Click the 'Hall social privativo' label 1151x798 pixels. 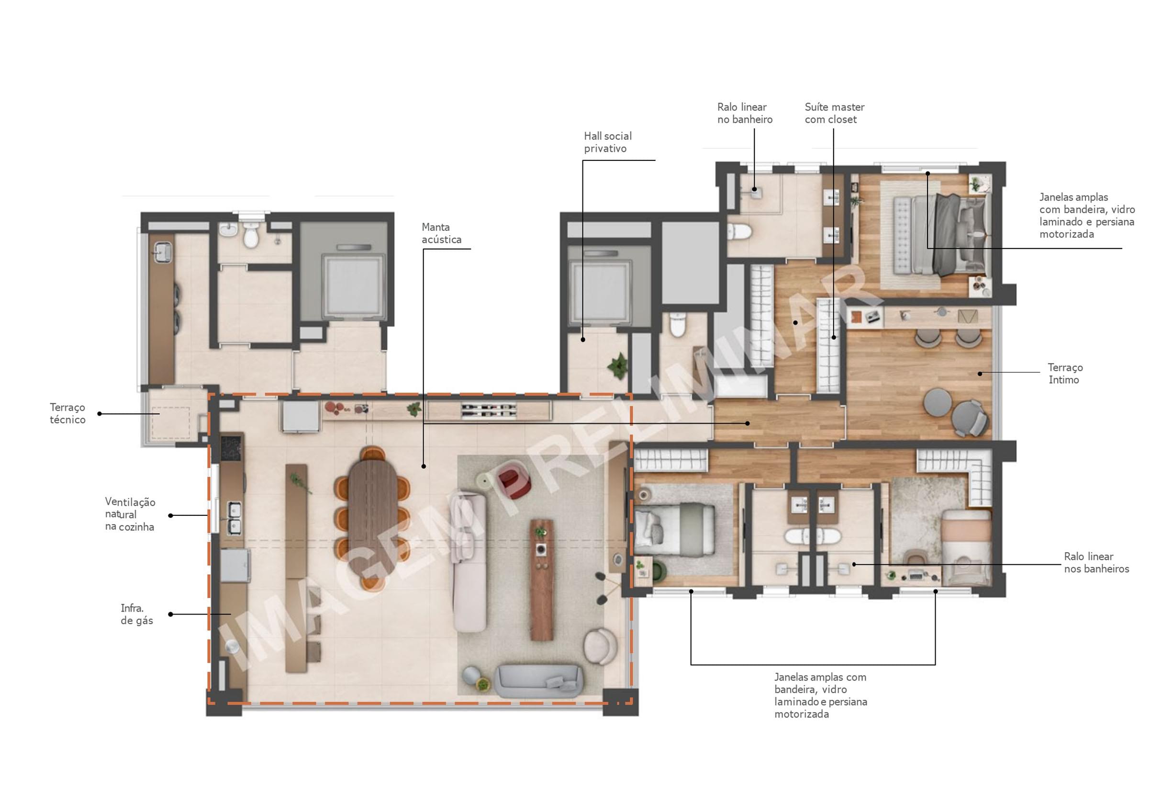[607, 142]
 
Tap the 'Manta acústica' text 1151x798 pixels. [441, 233]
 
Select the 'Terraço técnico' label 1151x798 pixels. [67, 413]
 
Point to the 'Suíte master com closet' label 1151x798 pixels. [834, 113]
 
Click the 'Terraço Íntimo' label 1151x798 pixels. [1065, 374]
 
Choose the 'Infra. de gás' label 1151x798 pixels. [136, 614]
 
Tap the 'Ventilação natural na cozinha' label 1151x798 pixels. [130, 514]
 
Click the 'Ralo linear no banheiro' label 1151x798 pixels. [744, 113]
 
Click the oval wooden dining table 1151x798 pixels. [372, 518]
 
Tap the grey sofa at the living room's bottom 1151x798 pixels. [538, 681]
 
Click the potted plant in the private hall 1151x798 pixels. [618, 365]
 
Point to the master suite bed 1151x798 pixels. [941, 235]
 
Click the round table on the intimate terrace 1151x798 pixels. [937, 402]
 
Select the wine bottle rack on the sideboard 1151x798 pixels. [489, 410]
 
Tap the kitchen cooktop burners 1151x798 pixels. [231, 447]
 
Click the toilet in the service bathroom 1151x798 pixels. [251, 235]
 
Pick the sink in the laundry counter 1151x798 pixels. [162, 251]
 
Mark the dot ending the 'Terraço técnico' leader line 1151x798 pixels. [100, 413]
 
